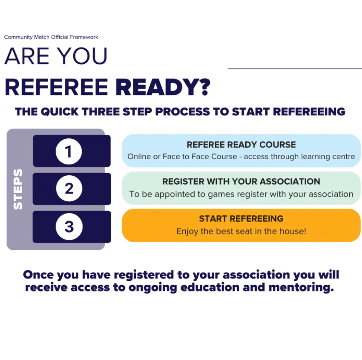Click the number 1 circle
[x=69, y=151]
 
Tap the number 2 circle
[x=69, y=189]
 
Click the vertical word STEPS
[x=18, y=189]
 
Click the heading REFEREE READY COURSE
[x=241, y=145]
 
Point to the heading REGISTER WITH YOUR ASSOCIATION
[x=241, y=182]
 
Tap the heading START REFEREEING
[x=241, y=219]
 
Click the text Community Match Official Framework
[x=51, y=37]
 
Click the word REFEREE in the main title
[x=56, y=87]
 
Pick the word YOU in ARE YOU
[x=82, y=56]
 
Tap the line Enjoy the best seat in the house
[x=241, y=232]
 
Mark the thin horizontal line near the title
[x=295, y=69]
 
